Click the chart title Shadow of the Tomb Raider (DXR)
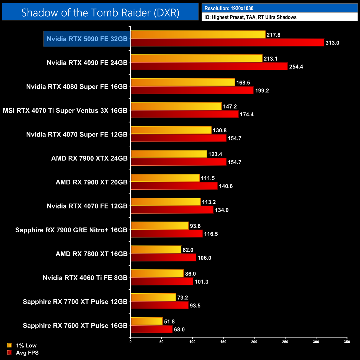tap(100, 12)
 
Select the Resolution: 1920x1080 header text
tap(229, 8)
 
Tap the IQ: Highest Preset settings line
tap(250, 17)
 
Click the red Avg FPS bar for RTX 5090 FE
tap(227, 43)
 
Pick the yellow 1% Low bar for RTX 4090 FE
tap(196, 58)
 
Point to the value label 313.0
tap(332, 43)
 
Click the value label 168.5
tap(243, 83)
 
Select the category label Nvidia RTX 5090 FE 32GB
tap(87, 39)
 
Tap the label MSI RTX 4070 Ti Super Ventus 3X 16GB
tap(65, 110)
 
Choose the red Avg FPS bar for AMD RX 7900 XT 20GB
tap(174, 186)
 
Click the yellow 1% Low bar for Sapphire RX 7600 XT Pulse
tap(146, 321)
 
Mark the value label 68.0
tap(179, 330)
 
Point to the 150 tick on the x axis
tap(223, 342)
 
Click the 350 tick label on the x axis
tap(347, 342)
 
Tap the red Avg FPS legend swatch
tap(9, 353)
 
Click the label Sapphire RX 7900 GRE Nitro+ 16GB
tap(71, 230)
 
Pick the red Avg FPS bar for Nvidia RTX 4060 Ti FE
tap(162, 282)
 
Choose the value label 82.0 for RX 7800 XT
tap(188, 250)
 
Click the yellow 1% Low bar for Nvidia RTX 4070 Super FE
tap(171, 130)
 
